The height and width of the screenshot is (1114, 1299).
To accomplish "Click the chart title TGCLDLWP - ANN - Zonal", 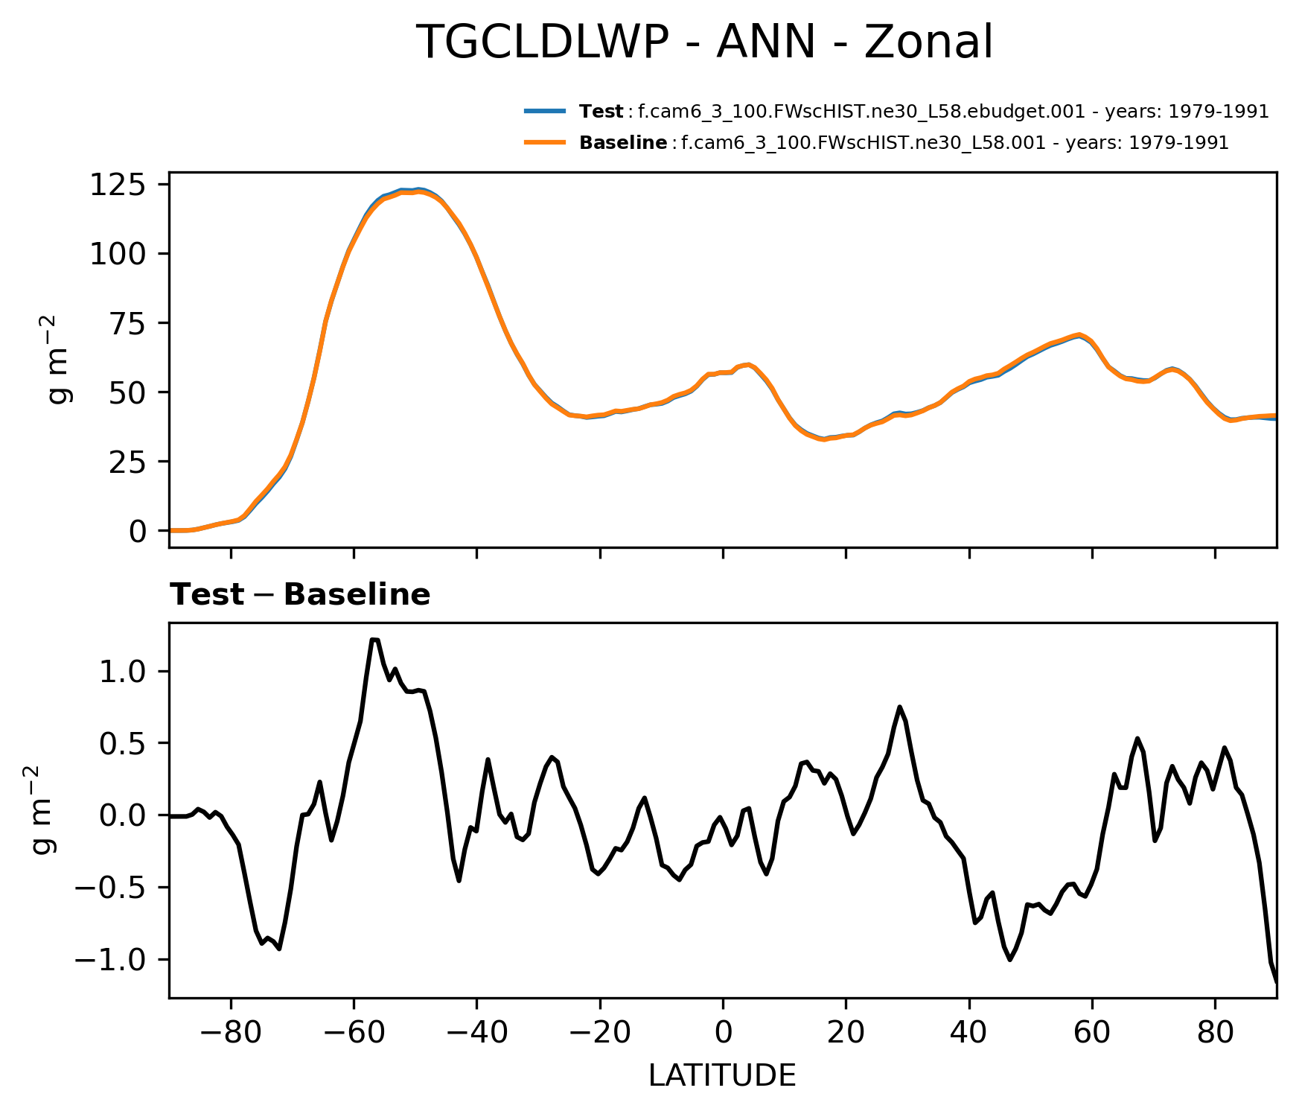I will pyautogui.click(x=703, y=42).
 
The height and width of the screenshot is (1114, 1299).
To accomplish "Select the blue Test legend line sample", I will pyautogui.click(x=545, y=112).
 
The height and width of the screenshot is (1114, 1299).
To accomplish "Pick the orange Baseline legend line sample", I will pyautogui.click(x=545, y=142).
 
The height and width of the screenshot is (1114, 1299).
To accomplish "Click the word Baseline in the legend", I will pyautogui.click(x=623, y=143).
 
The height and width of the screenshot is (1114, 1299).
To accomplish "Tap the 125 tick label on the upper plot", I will pyautogui.click(x=118, y=184).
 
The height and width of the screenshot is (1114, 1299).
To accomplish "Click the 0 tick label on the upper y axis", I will pyautogui.click(x=137, y=531).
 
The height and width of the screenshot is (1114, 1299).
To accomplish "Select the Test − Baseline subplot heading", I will pyautogui.click(x=300, y=595).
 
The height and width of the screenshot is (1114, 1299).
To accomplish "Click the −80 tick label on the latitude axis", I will pyautogui.click(x=230, y=1033).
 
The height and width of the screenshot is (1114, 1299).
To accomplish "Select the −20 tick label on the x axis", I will pyautogui.click(x=599, y=1033).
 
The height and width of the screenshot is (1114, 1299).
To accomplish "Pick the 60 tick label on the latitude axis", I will pyautogui.click(x=1092, y=1033).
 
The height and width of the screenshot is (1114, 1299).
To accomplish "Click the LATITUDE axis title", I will pyautogui.click(x=722, y=1075).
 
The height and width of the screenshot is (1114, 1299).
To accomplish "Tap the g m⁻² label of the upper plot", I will pyautogui.click(x=60, y=359).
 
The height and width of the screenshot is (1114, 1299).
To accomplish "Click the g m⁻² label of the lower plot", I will pyautogui.click(x=45, y=809).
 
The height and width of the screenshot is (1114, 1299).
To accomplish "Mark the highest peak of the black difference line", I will pyautogui.click(x=374, y=640).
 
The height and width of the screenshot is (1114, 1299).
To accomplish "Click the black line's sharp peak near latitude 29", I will pyautogui.click(x=900, y=707).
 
